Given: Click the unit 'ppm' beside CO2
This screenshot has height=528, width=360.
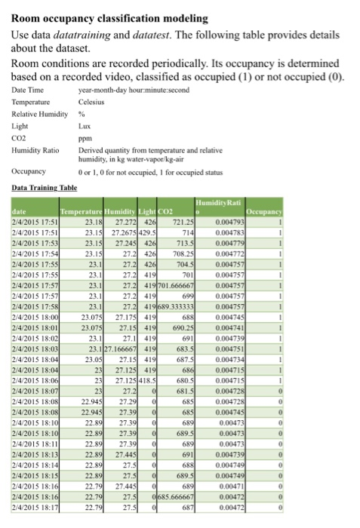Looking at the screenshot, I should coord(85,139).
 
